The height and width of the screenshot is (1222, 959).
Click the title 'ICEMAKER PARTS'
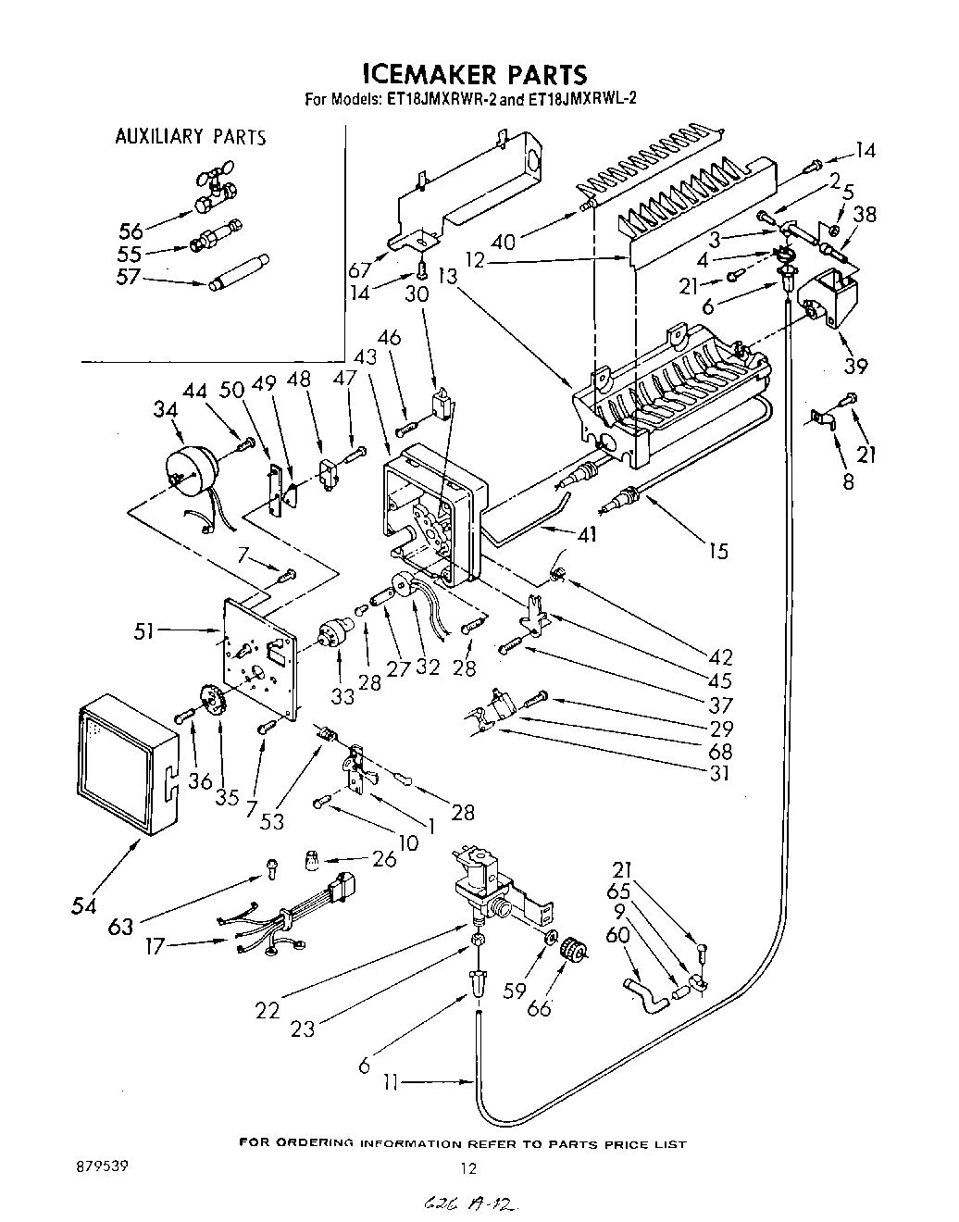[x=473, y=73]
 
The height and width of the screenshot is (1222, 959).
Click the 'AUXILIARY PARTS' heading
[x=190, y=137]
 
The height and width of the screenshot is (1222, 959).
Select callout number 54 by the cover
[x=85, y=906]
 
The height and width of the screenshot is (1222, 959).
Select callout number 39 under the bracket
[x=855, y=367]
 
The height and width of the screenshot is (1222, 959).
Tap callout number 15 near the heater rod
[x=717, y=551]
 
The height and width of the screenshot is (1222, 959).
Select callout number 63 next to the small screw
[x=121, y=925]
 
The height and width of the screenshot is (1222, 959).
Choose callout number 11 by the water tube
[x=391, y=1081]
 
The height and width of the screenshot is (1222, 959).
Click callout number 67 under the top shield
[x=360, y=269]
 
